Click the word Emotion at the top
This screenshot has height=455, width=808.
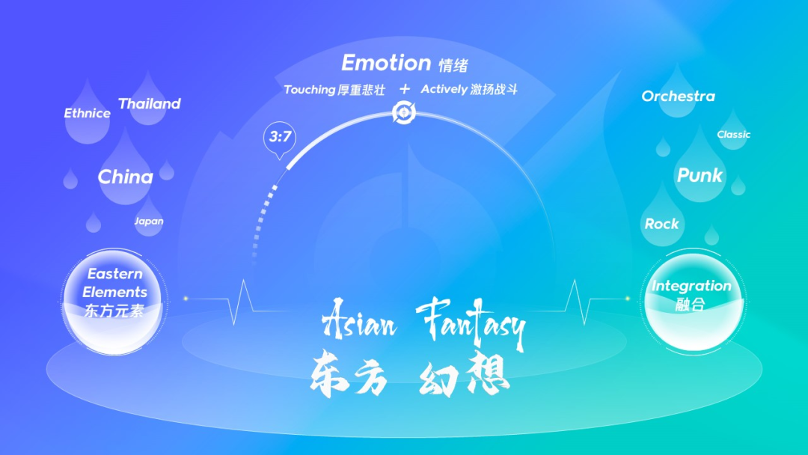tap(386, 63)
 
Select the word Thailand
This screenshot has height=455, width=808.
tap(150, 103)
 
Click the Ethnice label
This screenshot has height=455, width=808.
tap(87, 113)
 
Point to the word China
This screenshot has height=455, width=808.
tap(125, 177)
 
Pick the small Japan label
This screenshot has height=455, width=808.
tap(149, 221)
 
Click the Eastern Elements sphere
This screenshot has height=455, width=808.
tap(114, 302)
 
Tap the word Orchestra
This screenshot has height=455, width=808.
tap(678, 97)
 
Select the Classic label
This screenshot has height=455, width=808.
tap(733, 135)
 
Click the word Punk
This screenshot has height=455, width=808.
tap(700, 175)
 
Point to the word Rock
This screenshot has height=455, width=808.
tap(661, 225)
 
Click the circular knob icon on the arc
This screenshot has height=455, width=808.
tap(403, 112)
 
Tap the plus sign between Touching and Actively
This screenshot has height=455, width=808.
tap(405, 89)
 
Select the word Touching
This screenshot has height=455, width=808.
tap(310, 90)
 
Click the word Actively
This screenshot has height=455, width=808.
tap(444, 89)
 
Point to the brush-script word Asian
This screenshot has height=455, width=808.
tap(360, 320)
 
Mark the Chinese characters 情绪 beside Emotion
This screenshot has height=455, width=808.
tap(453, 65)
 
